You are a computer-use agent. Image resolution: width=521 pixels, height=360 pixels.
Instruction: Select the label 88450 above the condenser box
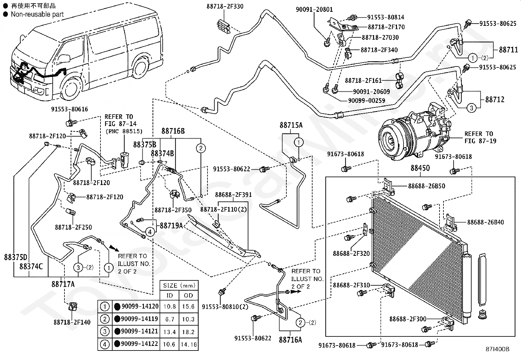pyautogui.click(x=420, y=168)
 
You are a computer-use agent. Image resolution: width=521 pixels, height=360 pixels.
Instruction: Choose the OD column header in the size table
pyautogui.click(x=188, y=295)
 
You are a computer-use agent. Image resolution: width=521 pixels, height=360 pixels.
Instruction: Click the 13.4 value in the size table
pyautogui.click(x=170, y=332)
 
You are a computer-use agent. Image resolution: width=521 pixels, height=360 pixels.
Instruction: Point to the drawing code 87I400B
pyautogui.click(x=498, y=349)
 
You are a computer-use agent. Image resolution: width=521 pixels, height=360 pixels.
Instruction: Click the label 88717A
pyautogui.click(x=63, y=284)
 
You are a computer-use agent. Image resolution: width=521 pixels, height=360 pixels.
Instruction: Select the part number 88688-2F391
pyautogui.click(x=233, y=195)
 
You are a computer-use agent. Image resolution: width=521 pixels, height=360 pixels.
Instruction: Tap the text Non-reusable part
pyautogui.click(x=37, y=14)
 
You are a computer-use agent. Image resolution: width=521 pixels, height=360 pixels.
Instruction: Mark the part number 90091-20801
pyautogui.click(x=314, y=9)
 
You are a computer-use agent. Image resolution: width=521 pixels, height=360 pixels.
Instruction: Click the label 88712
pyautogui.click(x=494, y=99)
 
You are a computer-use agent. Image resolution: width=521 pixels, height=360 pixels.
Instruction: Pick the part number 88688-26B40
pyautogui.click(x=485, y=222)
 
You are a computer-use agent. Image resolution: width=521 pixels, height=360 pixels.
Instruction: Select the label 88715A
pyautogui.click(x=291, y=125)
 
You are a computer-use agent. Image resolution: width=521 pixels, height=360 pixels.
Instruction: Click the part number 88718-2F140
pyautogui.click(x=72, y=323)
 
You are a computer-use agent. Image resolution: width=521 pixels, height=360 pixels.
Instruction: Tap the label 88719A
pyautogui.click(x=171, y=225)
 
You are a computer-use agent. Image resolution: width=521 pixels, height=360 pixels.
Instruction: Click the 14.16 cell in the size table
pyautogui.click(x=188, y=345)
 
